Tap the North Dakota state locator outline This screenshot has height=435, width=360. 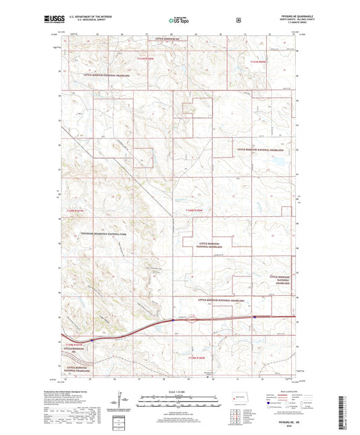tap(238, 397)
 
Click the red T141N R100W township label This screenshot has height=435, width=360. tap(260, 61)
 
